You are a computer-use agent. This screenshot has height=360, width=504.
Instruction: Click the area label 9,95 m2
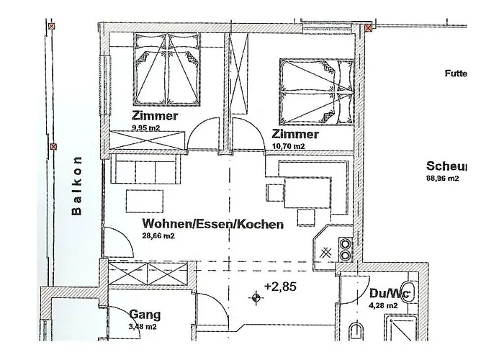(x=146, y=127)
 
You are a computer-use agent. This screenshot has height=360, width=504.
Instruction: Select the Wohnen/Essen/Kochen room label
(x=212, y=224)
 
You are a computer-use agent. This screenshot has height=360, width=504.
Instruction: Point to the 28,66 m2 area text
(x=158, y=235)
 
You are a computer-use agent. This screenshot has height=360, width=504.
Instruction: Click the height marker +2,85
(x=280, y=287)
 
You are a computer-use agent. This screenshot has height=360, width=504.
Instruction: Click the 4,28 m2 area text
(x=383, y=305)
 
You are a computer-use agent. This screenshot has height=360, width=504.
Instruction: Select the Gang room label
(x=145, y=315)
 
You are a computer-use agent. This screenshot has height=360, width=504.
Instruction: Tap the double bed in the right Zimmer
(x=315, y=92)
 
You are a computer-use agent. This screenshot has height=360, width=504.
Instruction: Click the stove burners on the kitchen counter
(x=346, y=249)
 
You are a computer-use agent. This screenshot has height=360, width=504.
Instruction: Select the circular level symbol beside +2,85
(x=255, y=297)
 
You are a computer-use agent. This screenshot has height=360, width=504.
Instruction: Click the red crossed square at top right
(x=369, y=29)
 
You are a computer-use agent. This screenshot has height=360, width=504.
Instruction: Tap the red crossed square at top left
(x=50, y=26)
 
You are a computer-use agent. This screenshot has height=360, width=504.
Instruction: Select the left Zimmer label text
(x=155, y=116)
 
